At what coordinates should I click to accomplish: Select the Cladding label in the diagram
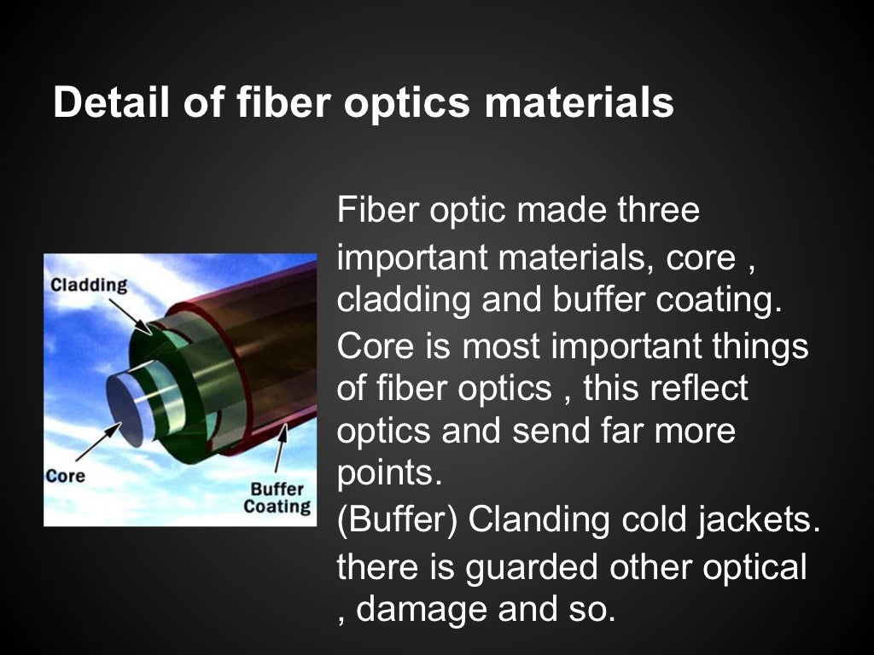[x=89, y=285]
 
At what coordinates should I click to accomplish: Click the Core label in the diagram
[x=65, y=476]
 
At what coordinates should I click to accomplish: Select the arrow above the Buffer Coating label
[x=279, y=448]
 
